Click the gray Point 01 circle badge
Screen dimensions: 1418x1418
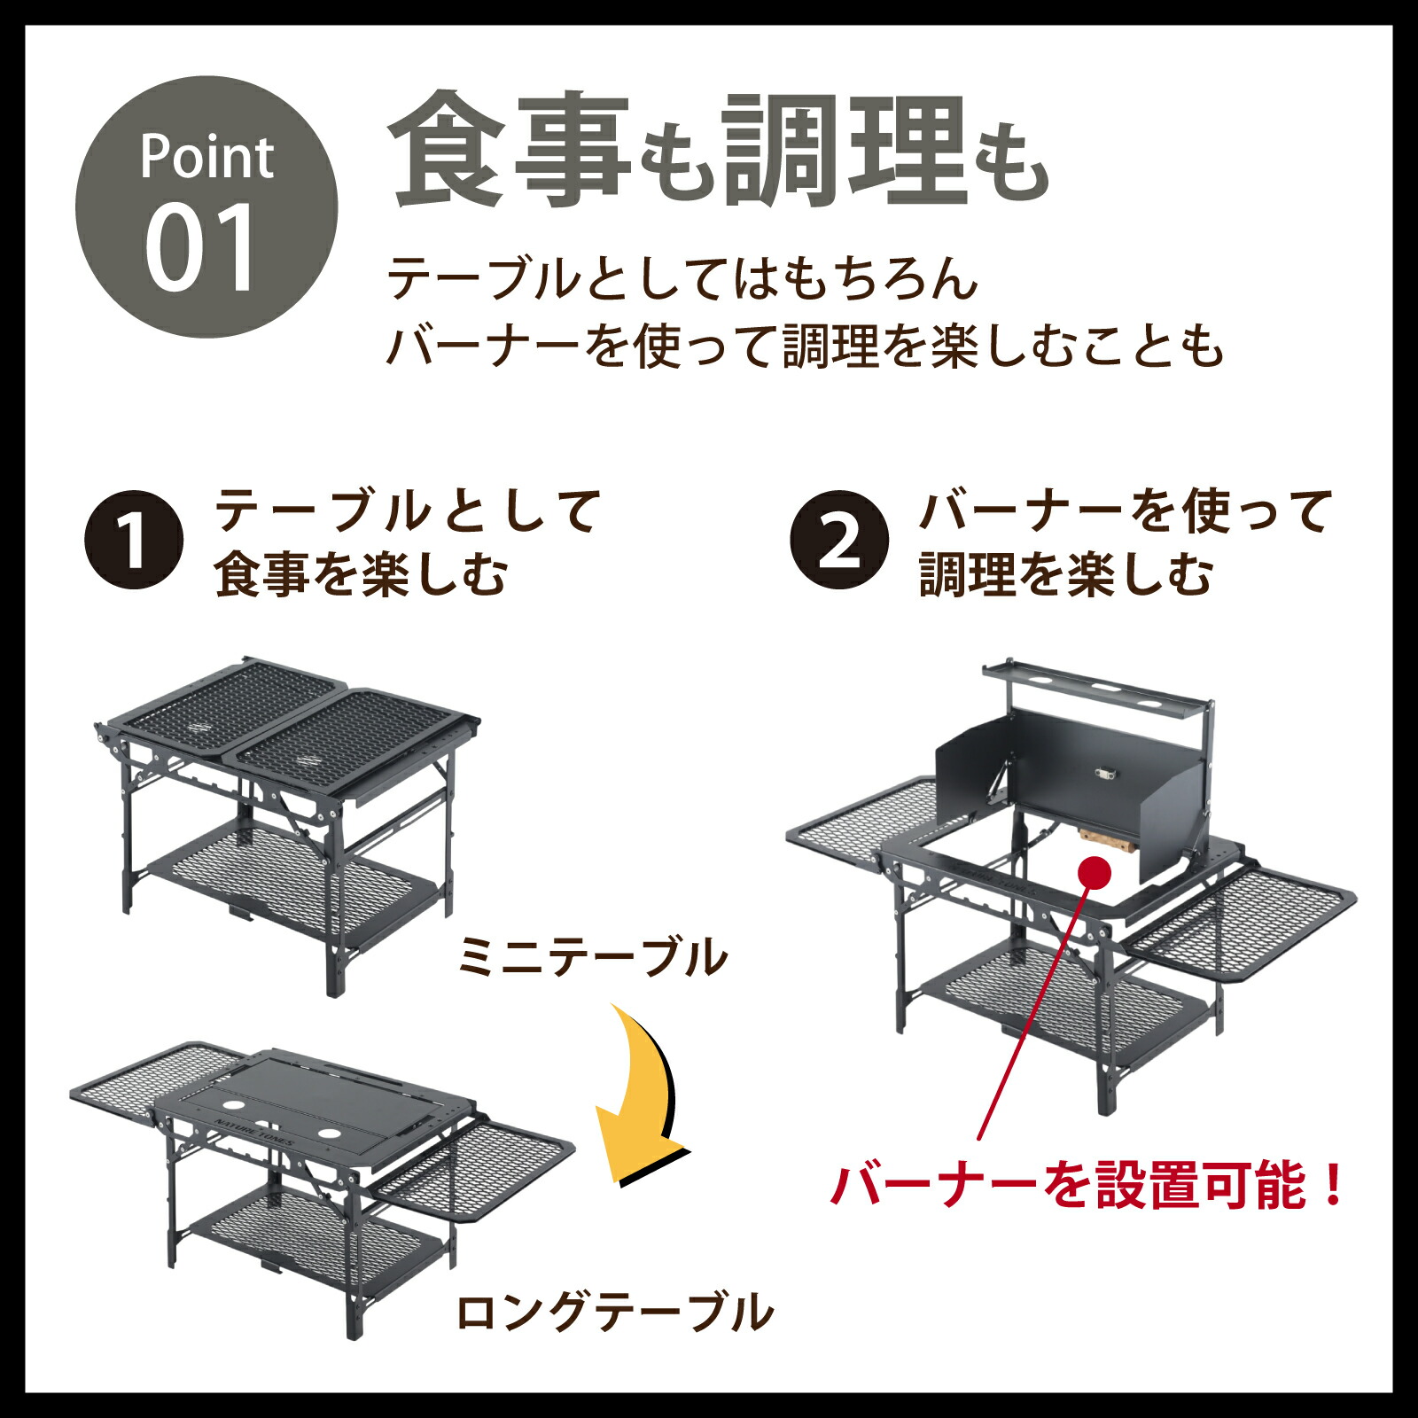[206, 207]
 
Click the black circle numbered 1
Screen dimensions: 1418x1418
[134, 540]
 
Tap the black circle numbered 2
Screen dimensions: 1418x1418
[838, 540]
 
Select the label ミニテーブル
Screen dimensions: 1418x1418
[592, 958]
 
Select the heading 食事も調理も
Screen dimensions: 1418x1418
[718, 151]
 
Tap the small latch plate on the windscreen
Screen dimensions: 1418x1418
[1105, 774]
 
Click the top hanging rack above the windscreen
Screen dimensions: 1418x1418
[1097, 688]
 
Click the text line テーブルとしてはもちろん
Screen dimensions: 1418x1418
[682, 280]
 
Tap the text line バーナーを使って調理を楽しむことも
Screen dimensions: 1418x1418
[805, 346]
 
